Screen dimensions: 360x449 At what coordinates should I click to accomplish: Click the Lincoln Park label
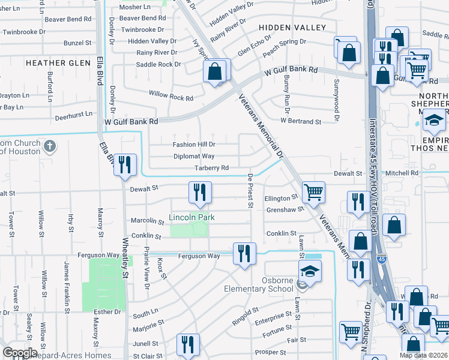[x=191, y=217]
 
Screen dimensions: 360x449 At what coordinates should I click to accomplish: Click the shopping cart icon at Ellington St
[x=313, y=193]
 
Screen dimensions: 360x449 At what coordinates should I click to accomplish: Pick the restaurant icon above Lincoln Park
[x=200, y=192]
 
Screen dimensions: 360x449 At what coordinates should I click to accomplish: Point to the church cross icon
[x=51, y=146]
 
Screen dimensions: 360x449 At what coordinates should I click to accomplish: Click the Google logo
[x=20, y=352]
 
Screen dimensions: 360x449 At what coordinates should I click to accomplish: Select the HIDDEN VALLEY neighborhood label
[x=292, y=28]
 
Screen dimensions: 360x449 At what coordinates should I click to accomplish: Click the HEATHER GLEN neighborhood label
[x=49, y=62]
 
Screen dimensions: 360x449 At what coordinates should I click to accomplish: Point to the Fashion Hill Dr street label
[x=193, y=145]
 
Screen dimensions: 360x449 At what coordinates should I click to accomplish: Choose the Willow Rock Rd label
[x=172, y=98]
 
